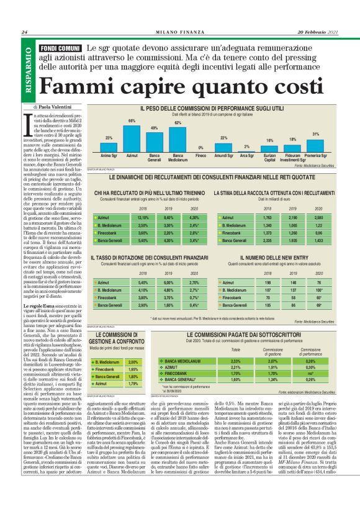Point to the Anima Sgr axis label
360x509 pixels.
pos(109,157)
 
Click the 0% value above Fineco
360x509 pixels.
pos(200,147)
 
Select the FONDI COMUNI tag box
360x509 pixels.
pos(60,48)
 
